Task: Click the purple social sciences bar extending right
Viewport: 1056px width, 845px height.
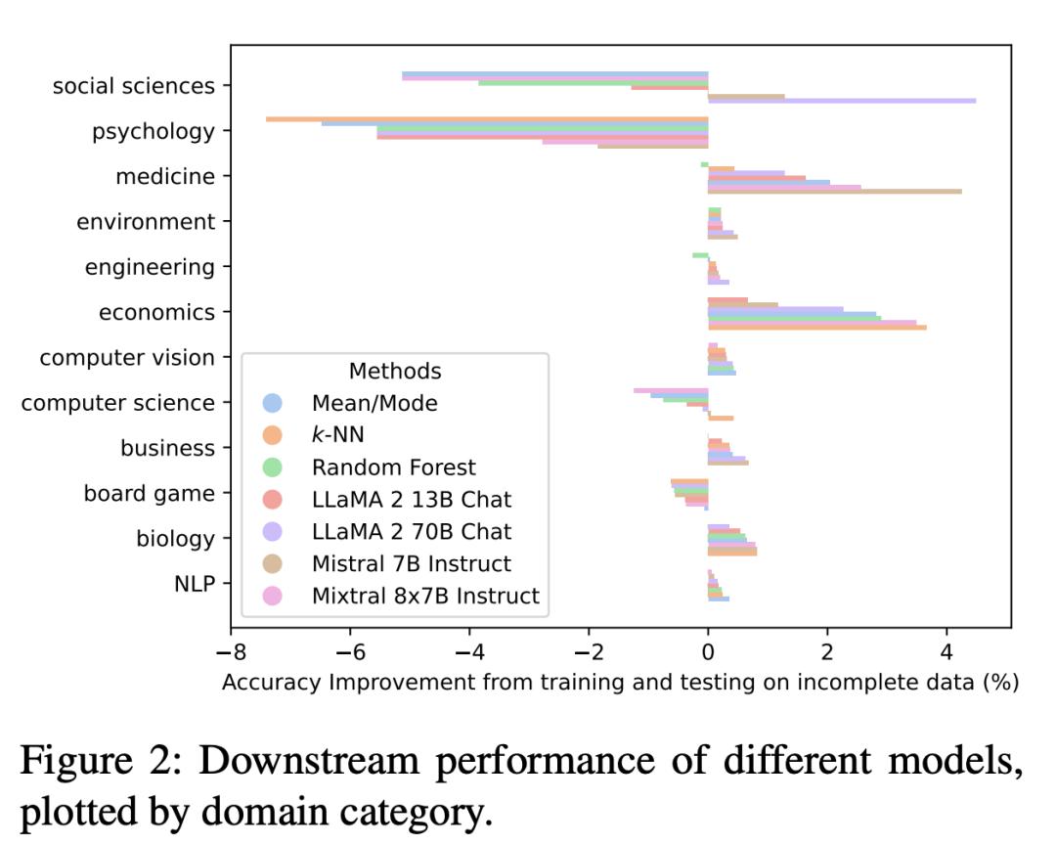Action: [841, 101]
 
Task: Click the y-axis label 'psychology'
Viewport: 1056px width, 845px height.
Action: [153, 131]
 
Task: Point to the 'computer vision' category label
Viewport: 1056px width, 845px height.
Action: [127, 358]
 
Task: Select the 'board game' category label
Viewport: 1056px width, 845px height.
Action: [149, 494]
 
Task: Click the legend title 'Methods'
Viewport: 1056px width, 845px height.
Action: [395, 372]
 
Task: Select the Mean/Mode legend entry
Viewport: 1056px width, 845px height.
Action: [374, 403]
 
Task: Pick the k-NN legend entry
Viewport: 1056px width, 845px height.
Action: [337, 435]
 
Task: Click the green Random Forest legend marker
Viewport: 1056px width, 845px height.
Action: [273, 467]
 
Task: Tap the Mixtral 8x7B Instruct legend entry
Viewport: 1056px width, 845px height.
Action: [425, 596]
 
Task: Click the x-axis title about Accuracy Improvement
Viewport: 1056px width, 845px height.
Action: [620, 683]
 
